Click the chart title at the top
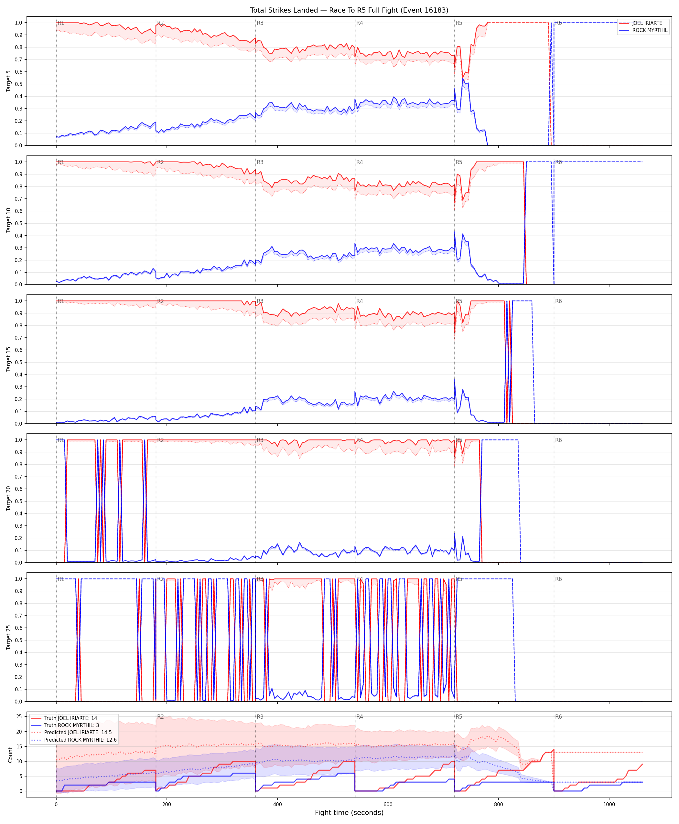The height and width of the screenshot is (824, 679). coord(349,10)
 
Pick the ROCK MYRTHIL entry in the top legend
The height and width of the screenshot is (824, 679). coord(650,30)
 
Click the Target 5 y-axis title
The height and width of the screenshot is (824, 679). coord(8,81)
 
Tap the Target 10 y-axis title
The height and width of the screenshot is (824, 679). coord(8,220)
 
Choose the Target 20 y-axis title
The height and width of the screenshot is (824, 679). coord(8,498)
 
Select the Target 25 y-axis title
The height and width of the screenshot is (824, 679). coord(8,637)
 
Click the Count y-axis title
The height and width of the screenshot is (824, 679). coord(10,755)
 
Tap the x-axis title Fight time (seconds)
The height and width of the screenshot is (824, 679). coord(349,813)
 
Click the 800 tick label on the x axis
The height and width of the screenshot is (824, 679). coord(498,805)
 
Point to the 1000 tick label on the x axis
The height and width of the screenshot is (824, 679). coord(609,805)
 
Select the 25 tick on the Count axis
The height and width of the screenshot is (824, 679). coord(19,716)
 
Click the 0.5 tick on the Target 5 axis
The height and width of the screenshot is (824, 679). coord(18,84)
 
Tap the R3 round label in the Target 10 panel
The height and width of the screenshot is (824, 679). coord(260,162)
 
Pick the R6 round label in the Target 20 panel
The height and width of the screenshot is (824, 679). coord(558,440)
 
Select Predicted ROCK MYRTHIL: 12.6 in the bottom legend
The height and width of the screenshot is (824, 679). coord(81,740)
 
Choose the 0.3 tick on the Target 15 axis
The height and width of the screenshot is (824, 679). coord(18,386)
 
